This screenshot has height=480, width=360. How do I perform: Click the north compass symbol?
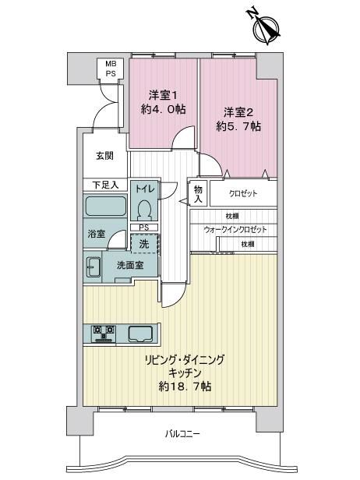coord(266,27)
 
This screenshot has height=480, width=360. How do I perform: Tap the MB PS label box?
coord(111,69)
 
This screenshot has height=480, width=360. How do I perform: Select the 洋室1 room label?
coord(163,95)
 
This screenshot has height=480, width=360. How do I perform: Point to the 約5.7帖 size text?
coord(238,126)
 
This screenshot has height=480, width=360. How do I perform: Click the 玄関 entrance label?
coord(104,156)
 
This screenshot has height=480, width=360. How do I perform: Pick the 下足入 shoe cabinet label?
coord(105,185)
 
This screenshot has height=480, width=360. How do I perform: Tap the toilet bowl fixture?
coord(145,210)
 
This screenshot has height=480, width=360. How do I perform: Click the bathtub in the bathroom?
coord(105,206)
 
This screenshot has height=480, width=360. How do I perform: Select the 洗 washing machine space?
coord(144,244)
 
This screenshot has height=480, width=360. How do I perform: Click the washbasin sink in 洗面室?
coord(93,267)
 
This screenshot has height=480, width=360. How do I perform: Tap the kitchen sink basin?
coord(140,334)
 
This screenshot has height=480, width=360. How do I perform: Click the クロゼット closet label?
coord(243,193)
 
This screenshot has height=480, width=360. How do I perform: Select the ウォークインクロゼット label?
coord(235,229)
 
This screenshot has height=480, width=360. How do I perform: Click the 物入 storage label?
coord(198,194)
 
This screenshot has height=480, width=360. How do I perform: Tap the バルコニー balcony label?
coord(182,433)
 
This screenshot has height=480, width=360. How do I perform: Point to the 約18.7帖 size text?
coord(185,386)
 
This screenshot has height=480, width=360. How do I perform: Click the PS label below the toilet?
coord(144,228)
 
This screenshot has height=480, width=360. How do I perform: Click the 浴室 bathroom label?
coord(97,234)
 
